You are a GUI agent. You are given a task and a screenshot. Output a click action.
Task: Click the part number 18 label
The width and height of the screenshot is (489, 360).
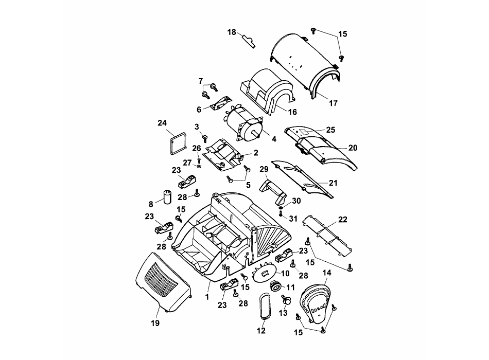click(232, 32)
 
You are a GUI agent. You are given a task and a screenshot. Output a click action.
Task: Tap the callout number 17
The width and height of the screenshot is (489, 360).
click(333, 103)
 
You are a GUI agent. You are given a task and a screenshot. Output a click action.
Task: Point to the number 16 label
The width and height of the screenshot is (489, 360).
click(292, 112)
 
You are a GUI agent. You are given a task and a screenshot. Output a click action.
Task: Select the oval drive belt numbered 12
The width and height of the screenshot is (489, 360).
click(264, 307)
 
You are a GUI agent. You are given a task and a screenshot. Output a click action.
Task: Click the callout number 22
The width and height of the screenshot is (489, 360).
click(343, 220)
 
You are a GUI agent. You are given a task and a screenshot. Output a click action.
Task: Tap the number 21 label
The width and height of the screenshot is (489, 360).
click(333, 182)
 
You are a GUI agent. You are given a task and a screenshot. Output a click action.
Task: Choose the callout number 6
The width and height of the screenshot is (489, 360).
click(199, 109)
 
